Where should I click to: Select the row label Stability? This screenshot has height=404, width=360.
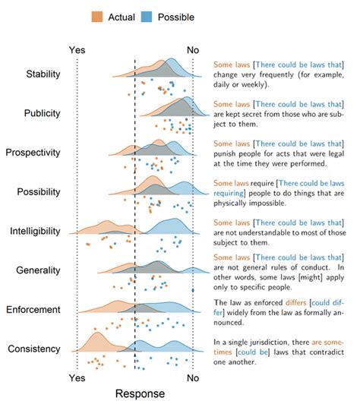pos(43,74)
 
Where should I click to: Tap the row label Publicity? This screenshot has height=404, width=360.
pos(43,113)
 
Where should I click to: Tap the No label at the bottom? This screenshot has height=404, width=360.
pos(193,377)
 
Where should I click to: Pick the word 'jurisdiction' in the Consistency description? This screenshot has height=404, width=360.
pos(261,341)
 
